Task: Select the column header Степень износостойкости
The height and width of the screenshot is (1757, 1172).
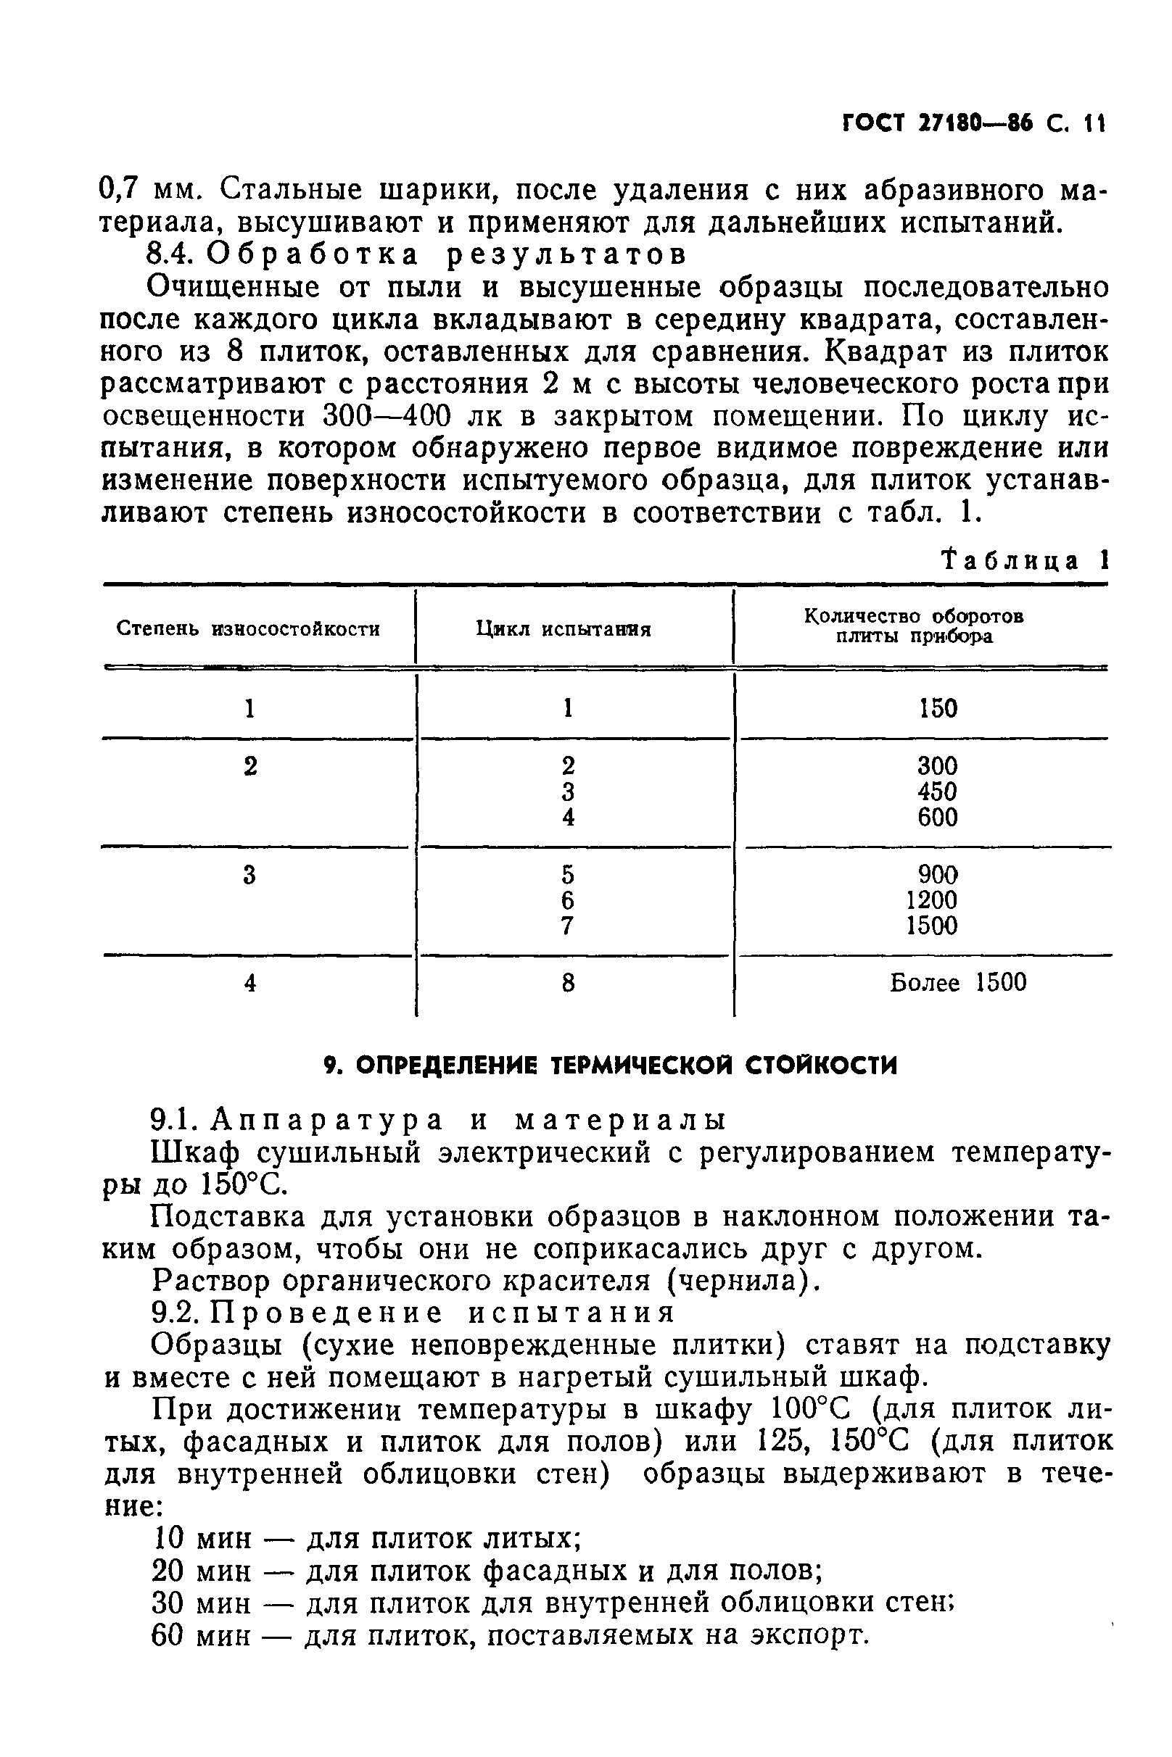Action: pyautogui.click(x=248, y=629)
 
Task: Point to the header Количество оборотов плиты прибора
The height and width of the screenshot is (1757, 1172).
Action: pyautogui.click(x=914, y=626)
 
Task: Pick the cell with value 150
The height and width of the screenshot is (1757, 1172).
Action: pyautogui.click(x=938, y=708)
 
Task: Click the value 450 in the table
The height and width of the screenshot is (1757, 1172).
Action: pyautogui.click(x=937, y=792)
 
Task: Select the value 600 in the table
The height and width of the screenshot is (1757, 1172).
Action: pyautogui.click(x=937, y=817)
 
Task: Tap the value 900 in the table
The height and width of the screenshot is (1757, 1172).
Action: pyautogui.click(x=937, y=874)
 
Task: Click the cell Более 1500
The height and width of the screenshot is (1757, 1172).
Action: pyautogui.click(x=957, y=982)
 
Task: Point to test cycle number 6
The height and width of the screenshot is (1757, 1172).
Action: pyautogui.click(x=568, y=900)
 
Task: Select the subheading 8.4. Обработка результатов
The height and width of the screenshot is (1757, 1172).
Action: pyautogui.click(x=416, y=255)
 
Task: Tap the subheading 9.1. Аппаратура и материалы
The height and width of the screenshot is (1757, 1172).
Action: pyautogui.click(x=437, y=1119)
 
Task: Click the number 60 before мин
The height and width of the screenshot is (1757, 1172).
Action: pyautogui.click(x=168, y=1636)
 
